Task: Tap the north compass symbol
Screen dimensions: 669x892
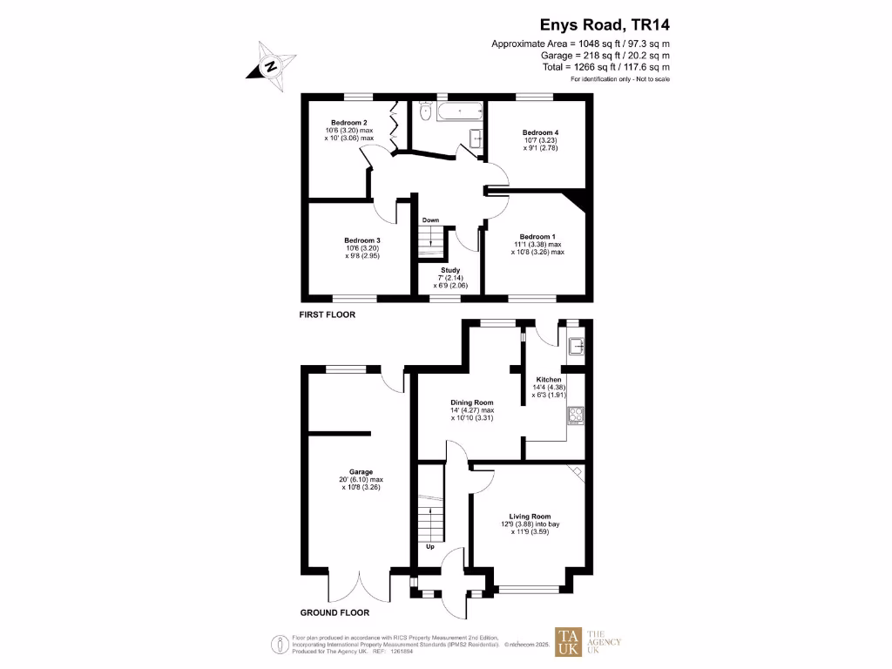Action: pos(272,66)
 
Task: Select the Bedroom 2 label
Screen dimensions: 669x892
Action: pos(348,123)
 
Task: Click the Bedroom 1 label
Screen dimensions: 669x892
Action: pos(537,237)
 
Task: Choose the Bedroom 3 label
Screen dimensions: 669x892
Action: pos(362,240)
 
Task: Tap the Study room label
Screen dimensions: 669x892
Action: pos(451,271)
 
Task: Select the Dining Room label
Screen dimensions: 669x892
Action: pos(472,402)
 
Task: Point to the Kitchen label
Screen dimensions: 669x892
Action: pos(549,381)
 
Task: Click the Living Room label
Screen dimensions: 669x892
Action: pos(524,516)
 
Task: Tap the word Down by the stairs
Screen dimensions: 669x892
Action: pos(430,220)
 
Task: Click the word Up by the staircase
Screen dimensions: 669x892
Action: pos(430,547)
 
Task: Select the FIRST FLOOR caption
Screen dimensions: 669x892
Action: pos(328,314)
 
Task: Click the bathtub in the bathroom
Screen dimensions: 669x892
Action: pos(458,111)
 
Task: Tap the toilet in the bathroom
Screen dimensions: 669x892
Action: pos(425,111)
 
